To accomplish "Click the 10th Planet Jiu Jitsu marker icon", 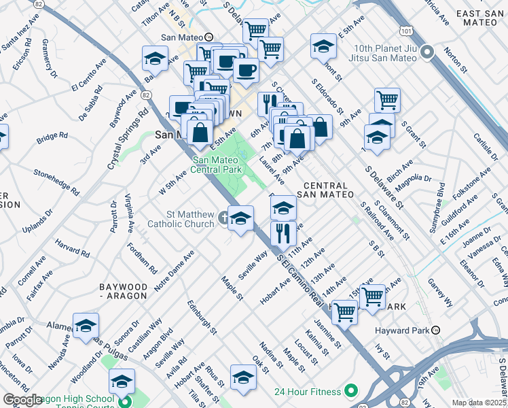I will [427, 52].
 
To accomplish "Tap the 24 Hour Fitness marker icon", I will [350, 391].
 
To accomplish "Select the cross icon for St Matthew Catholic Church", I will [225, 219].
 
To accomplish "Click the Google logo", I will [22, 400].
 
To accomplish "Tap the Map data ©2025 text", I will [479, 403].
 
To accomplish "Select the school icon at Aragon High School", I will [122, 381].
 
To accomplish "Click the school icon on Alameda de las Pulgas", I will [86, 326].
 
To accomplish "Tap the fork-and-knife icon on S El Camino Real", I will [283, 233].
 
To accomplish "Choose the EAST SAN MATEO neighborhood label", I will [479, 18].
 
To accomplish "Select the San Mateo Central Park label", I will [217, 165].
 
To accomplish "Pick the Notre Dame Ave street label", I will [174, 271].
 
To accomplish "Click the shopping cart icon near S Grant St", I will [386, 100].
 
